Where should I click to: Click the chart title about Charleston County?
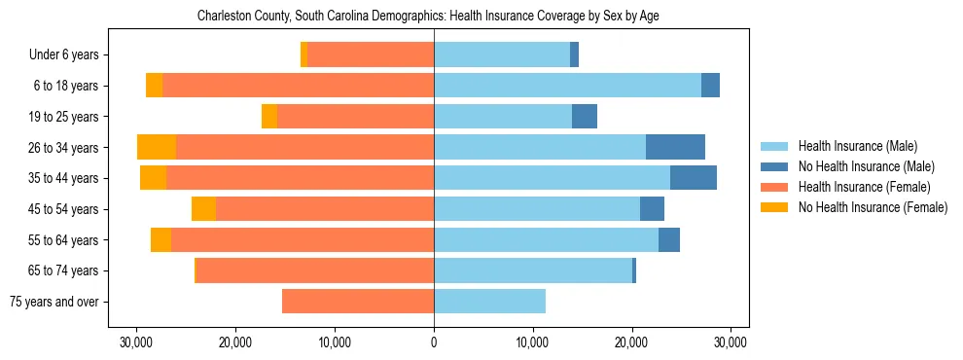click(x=428, y=17)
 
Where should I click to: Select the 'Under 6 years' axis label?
click(x=69, y=54)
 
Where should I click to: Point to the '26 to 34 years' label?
click(x=64, y=147)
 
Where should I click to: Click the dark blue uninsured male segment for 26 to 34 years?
click(x=675, y=147)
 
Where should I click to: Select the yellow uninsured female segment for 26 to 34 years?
click(x=157, y=147)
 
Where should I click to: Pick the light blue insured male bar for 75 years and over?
click(x=489, y=302)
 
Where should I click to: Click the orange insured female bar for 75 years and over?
click(x=358, y=302)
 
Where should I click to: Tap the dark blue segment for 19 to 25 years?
click(x=585, y=116)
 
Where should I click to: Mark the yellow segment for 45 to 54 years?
click(x=203, y=209)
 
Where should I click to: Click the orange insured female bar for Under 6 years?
click(x=371, y=54)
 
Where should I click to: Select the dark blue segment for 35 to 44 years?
click(x=694, y=178)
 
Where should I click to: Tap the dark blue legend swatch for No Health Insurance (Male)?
click(x=775, y=166)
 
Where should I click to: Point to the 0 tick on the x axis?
click(x=434, y=342)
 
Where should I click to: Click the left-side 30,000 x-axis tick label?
click(x=136, y=342)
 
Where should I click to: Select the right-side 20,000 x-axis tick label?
click(x=631, y=342)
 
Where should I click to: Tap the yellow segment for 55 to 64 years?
click(x=160, y=239)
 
